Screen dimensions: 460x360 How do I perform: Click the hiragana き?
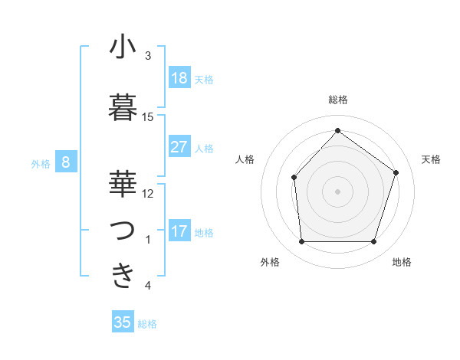pyautogui.click(x=123, y=275)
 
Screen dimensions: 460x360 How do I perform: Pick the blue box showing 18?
pyautogui.click(x=179, y=78)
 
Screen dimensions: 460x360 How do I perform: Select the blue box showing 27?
pyautogui.click(x=179, y=147)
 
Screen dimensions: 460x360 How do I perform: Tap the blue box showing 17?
pyautogui.click(x=179, y=231)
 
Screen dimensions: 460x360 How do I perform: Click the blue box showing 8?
pyautogui.click(x=67, y=162)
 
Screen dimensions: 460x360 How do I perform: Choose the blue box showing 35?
pyautogui.click(x=123, y=322)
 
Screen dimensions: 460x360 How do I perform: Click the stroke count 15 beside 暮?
pyautogui.click(x=148, y=117)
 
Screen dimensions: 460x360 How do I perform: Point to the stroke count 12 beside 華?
pyautogui.click(x=148, y=194)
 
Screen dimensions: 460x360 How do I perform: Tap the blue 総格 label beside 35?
pyautogui.click(x=147, y=324)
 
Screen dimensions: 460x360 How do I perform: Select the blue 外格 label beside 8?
pyautogui.click(x=41, y=163)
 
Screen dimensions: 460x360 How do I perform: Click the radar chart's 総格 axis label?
pyautogui.click(x=337, y=100)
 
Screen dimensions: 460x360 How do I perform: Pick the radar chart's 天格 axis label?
pyautogui.click(x=432, y=159)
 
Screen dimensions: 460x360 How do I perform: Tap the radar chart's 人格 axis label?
pyautogui.click(x=245, y=159)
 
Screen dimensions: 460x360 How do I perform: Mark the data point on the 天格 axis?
pyautogui.click(x=396, y=172)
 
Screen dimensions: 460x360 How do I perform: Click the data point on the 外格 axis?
pyautogui.click(x=301, y=242)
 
